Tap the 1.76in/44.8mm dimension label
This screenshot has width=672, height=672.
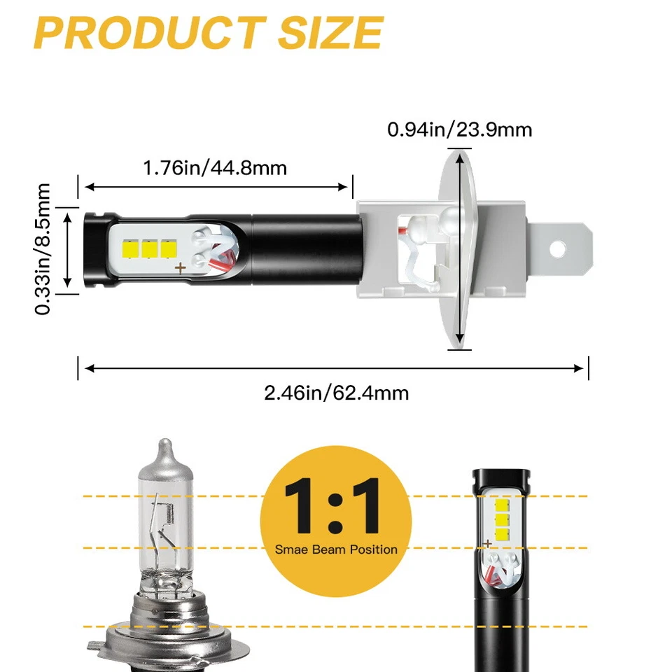click(215, 168)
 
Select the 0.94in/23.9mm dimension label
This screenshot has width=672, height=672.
click(459, 129)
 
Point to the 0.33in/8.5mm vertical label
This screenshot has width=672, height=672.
click(44, 249)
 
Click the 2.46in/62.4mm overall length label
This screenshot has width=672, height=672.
click(336, 393)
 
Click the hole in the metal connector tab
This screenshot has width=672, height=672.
click(559, 249)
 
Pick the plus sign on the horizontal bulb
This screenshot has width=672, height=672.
click(180, 267)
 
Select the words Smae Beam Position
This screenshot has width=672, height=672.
click(335, 549)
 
